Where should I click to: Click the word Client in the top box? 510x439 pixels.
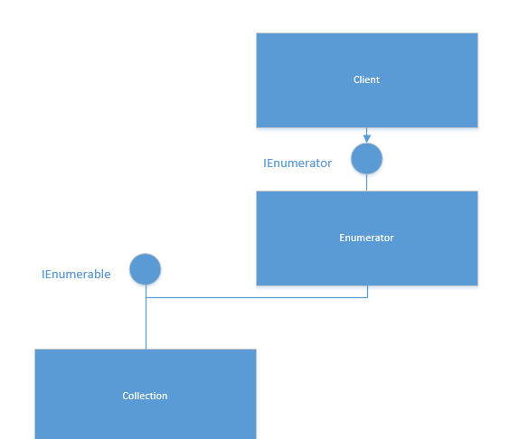pyautogui.click(x=366, y=79)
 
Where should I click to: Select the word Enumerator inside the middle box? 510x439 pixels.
pyautogui.click(x=366, y=238)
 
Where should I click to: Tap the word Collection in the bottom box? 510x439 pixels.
pyautogui.click(x=145, y=396)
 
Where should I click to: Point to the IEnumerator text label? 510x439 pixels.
pyautogui.click(x=297, y=163)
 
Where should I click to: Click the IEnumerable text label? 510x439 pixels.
pyautogui.click(x=76, y=274)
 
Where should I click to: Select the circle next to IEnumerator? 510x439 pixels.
pyautogui.click(x=366, y=159)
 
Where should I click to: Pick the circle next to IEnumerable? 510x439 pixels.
pyautogui.click(x=145, y=269)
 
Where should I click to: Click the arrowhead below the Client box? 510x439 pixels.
pyautogui.click(x=367, y=139)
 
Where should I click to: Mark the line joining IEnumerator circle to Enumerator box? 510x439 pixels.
pyautogui.click(x=367, y=182)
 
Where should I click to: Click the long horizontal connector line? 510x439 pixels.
pyautogui.click(x=257, y=297)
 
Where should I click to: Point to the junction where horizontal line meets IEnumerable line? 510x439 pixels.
pyautogui.click(x=146, y=297)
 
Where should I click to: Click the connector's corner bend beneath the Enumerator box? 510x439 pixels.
pyautogui.click(x=367, y=297)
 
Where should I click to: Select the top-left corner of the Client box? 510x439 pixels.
pyautogui.click(x=257, y=33)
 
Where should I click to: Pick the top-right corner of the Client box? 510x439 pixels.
pyautogui.click(x=477, y=33)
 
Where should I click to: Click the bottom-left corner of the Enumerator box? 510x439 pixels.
pyautogui.click(x=257, y=285)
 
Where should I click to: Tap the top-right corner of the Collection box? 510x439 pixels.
pyautogui.click(x=256, y=350)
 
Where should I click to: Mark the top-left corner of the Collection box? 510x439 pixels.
pyautogui.click(x=35, y=350)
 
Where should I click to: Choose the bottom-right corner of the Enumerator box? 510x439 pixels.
pyautogui.click(x=477, y=285)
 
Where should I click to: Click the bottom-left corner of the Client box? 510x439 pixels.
pyautogui.click(x=257, y=127)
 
